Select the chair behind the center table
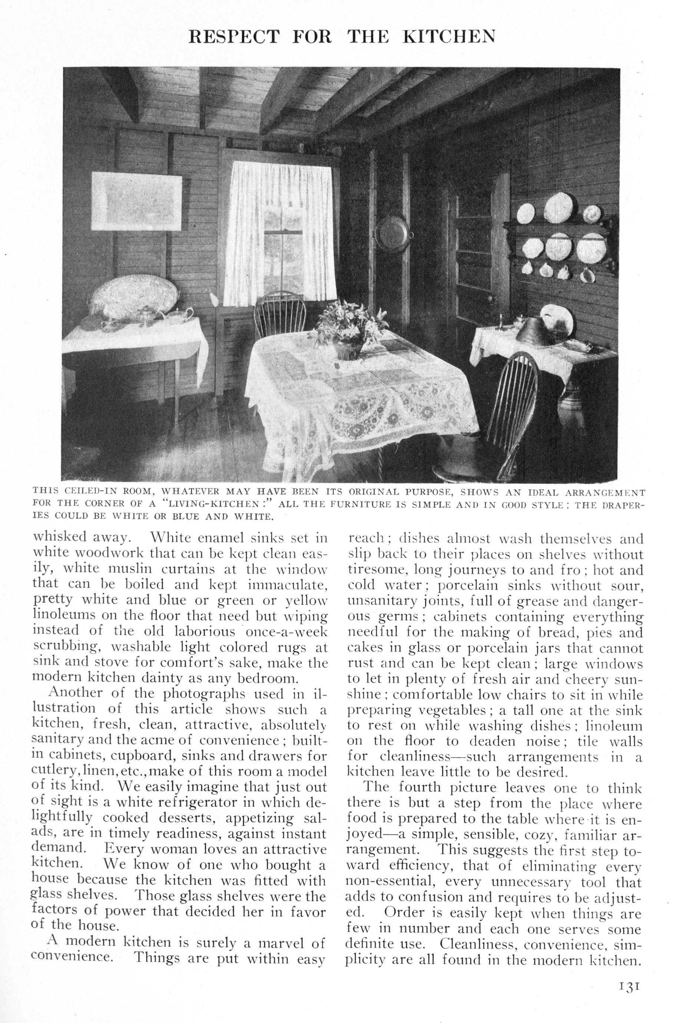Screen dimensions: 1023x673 (280, 316)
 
